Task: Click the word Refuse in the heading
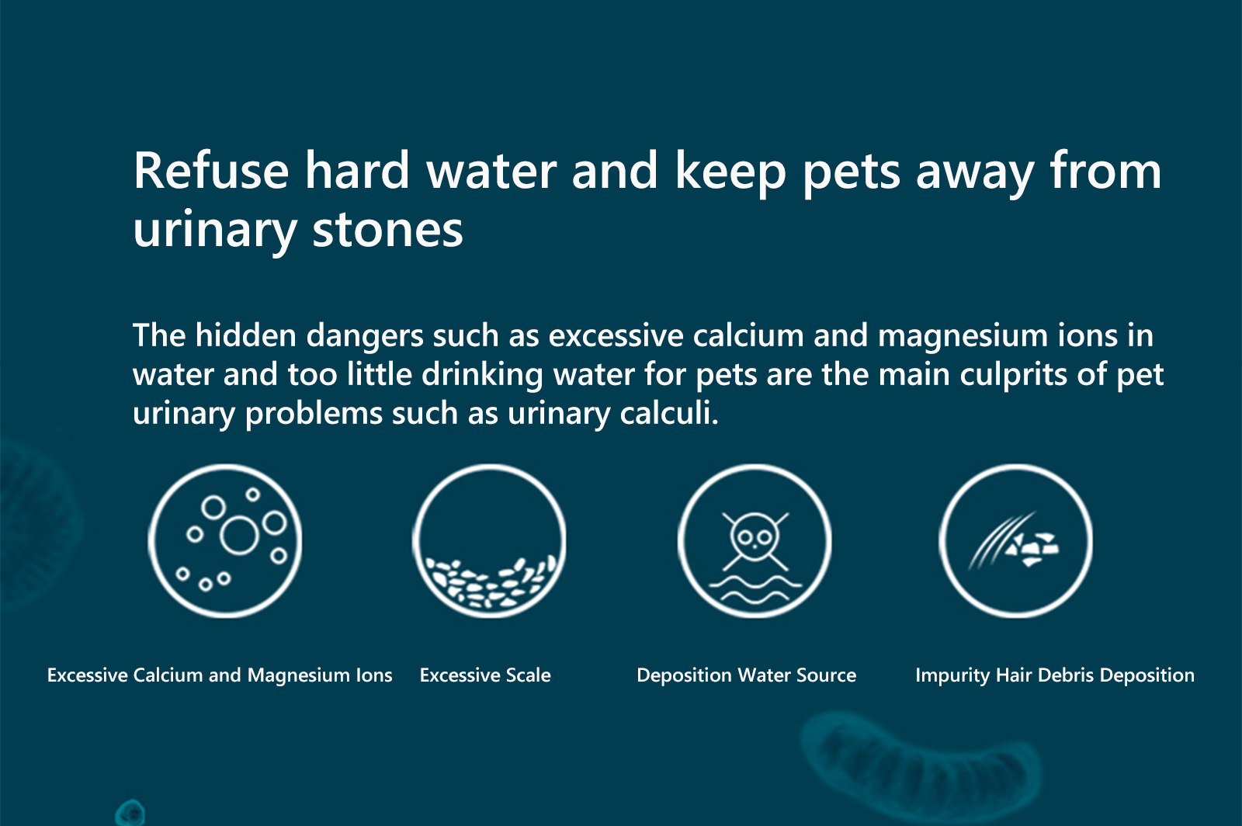211,170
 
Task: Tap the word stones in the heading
387,229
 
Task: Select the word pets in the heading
851,173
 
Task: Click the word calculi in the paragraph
669,412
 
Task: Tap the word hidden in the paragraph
245,335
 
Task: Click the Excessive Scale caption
485,675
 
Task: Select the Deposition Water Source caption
746,675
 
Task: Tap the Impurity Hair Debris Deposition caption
1055,675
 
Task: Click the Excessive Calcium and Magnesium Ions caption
220,675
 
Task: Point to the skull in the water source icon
755,536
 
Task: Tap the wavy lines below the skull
755,590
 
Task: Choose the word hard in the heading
357,170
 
